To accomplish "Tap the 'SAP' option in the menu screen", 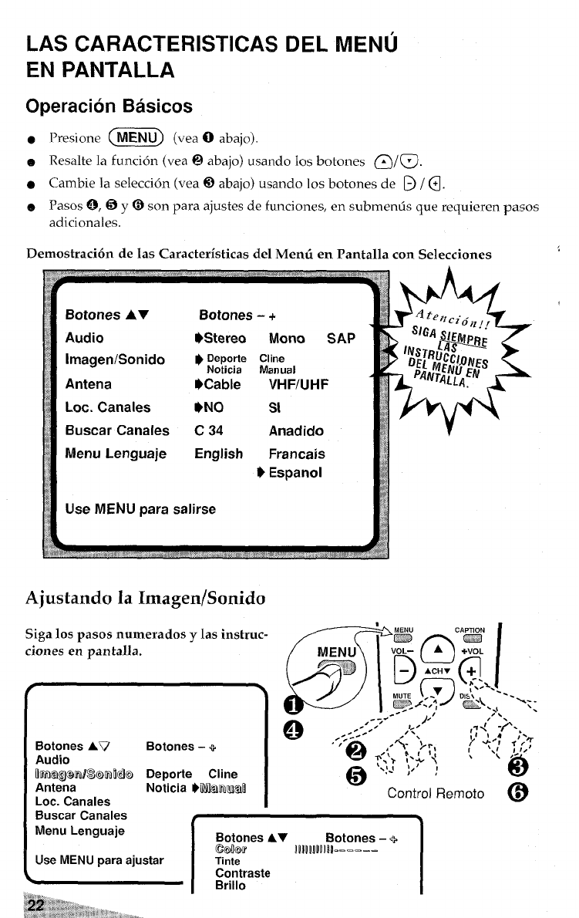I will tap(340, 338).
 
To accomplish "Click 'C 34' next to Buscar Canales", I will tap(211, 430).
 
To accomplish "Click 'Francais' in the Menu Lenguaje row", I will tap(297, 454).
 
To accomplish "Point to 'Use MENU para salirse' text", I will tap(140, 509).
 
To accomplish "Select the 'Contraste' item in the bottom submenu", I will tap(243, 873).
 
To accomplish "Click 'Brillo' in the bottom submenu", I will tap(231, 886).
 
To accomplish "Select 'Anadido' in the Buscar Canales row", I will tap(296, 430).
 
